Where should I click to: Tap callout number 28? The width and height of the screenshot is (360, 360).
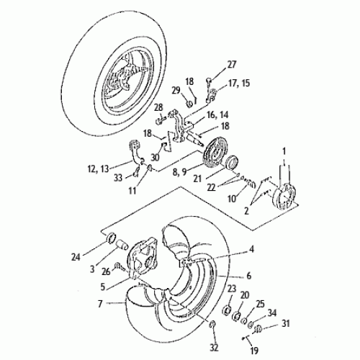pos(158,107)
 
